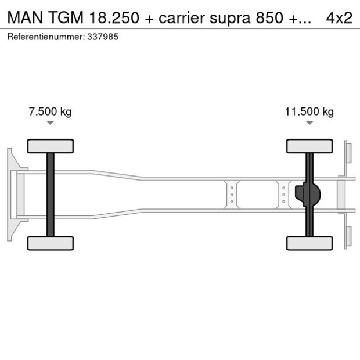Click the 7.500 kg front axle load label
50,111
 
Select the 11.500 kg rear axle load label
309,111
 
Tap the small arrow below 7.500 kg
51,123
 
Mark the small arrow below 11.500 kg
309,123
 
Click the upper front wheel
51,146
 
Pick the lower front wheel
51,243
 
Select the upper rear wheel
309,146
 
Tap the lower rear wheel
309,243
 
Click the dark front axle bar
51,194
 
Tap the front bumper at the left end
10,194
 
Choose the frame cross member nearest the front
231,194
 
